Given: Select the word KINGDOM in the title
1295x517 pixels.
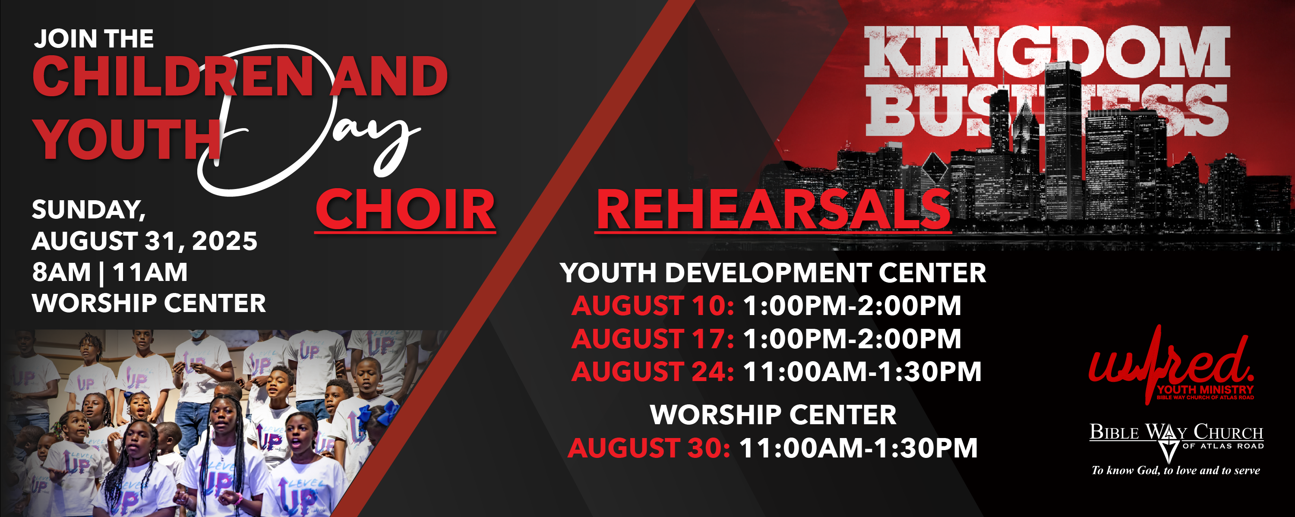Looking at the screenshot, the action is (x=1047, y=52).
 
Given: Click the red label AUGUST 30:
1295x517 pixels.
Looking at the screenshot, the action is (x=649, y=448).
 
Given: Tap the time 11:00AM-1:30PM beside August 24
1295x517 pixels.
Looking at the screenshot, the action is (x=862, y=372).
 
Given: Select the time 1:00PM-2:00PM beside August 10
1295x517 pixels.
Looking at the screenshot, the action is (x=852, y=306).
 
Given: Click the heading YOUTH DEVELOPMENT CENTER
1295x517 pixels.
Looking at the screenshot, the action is (x=773, y=273).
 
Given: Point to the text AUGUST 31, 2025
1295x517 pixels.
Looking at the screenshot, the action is (x=145, y=241).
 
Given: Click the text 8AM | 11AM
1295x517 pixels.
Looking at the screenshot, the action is (x=110, y=272).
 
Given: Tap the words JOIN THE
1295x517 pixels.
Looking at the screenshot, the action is (x=94, y=39).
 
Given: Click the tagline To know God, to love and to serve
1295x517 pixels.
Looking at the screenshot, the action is (x=1176, y=470).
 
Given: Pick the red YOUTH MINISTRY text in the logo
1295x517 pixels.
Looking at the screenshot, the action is (x=1206, y=389).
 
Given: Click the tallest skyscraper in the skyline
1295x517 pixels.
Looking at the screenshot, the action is (x=1063, y=141).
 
